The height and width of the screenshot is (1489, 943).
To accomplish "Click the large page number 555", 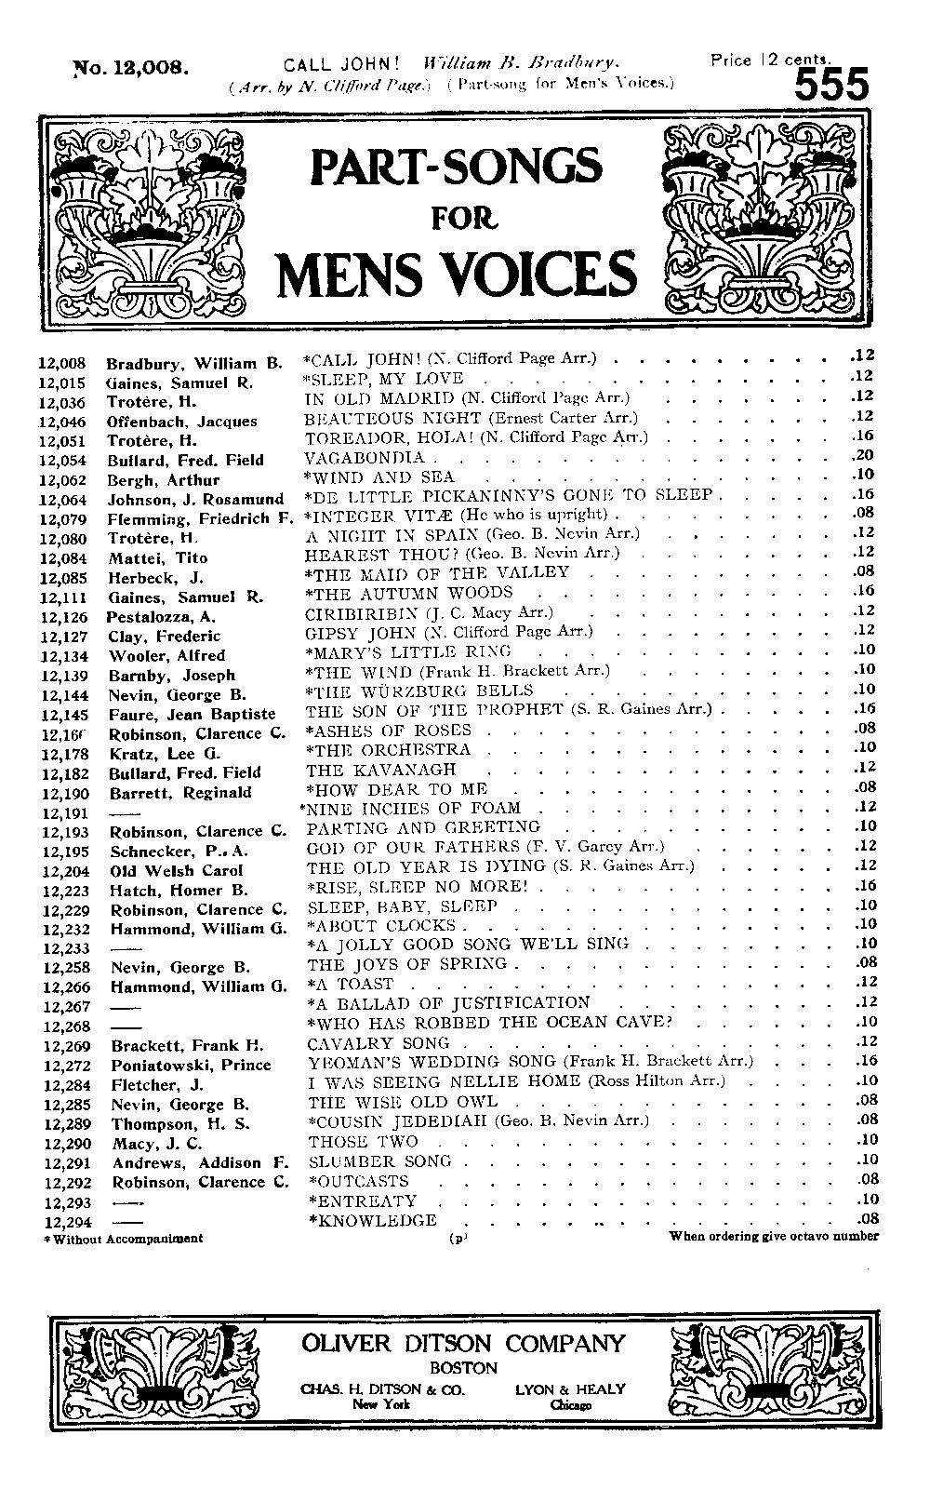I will click(831, 87).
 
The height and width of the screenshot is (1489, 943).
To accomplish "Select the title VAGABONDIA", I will click(365, 458).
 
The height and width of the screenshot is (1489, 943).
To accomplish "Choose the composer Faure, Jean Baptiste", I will click(193, 715).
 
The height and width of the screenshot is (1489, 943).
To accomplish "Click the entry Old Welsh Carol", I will click(165, 871).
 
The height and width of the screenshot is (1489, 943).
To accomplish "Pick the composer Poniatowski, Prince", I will click(191, 1066).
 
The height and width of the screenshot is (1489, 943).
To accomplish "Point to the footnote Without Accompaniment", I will click(126, 1239).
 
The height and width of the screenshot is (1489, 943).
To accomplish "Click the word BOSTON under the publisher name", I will click(463, 1369).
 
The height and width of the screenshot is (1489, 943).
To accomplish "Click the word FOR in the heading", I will click(462, 219).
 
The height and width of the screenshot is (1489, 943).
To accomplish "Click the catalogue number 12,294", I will click(64, 1221).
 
